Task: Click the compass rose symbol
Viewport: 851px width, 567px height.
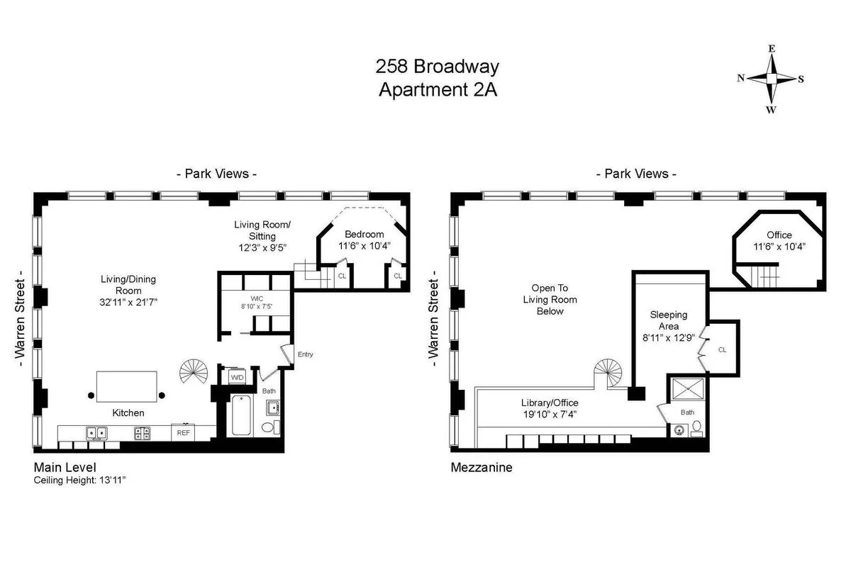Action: coord(771,79)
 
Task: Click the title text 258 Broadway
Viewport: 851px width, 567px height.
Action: coord(437,67)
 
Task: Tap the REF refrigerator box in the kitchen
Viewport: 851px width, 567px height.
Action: coord(183,432)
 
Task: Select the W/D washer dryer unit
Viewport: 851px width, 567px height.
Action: coord(236,378)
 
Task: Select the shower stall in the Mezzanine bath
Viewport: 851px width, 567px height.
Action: coord(686,388)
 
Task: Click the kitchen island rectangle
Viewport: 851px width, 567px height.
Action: coord(127,387)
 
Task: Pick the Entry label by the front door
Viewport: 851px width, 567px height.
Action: coord(305,354)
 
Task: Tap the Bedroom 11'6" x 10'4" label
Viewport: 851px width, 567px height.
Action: coord(365,240)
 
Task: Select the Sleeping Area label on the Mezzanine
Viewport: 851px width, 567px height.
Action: coord(668,327)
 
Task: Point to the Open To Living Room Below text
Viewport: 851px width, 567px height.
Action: coord(554,300)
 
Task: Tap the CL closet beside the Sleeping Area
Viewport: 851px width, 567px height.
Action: coord(722,349)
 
